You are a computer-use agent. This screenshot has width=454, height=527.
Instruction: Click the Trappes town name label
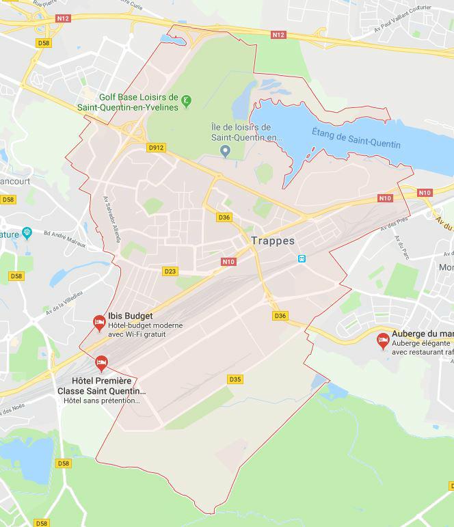coord(272,241)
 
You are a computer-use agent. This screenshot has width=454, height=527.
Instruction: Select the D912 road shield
coord(156,146)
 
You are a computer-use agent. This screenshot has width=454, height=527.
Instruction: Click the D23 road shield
coord(170,271)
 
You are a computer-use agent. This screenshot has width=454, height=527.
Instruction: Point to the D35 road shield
coord(235,379)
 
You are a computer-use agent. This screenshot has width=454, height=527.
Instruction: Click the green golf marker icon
coord(187,101)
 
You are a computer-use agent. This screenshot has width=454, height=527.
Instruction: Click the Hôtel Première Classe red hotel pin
coord(102,362)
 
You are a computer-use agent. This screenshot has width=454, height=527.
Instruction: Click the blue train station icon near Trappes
coord(302,258)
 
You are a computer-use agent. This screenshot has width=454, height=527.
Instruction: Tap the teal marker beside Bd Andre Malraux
coord(27,234)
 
